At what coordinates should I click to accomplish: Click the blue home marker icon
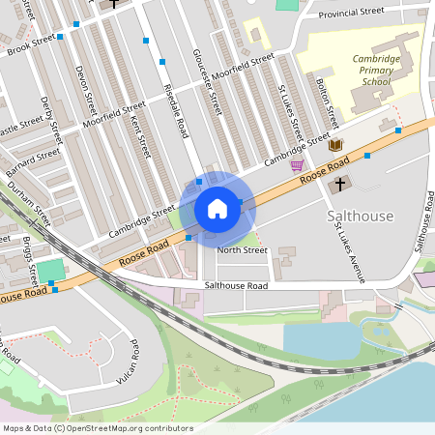[217, 209]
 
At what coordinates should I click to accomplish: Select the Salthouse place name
[360, 214]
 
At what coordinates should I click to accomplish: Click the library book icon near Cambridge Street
[335, 145]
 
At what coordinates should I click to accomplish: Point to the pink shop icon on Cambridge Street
[296, 165]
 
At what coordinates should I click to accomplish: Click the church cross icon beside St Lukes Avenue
[339, 184]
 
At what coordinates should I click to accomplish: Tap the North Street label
[242, 250]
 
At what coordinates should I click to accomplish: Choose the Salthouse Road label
[237, 286]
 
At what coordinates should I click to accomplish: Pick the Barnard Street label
[30, 155]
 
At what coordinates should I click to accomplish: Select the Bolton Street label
[326, 103]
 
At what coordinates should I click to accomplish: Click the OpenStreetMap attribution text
[97, 428]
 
